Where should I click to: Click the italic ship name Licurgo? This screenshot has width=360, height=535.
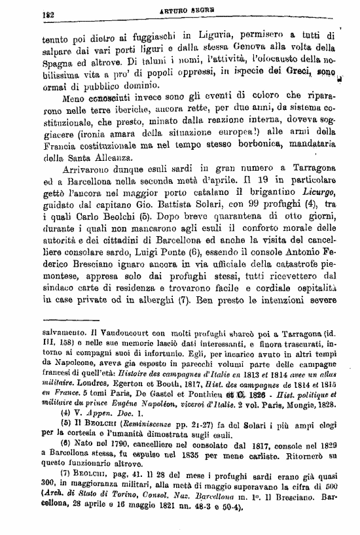tap(312, 192)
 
